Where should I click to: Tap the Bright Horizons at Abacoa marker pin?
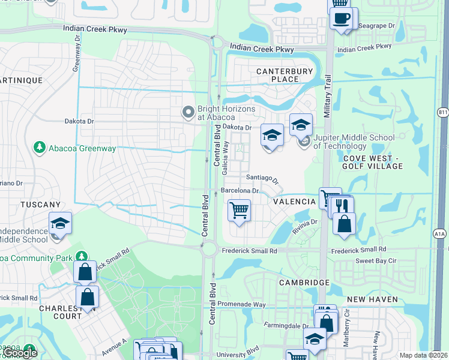pyautogui.click(x=188, y=112)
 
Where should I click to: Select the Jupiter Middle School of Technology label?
pyautogui.click(x=353, y=142)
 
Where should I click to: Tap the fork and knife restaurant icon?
pyautogui.click(x=343, y=206)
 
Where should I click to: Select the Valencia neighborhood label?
pyautogui.click(x=294, y=202)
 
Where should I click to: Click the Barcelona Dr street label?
pyautogui.click(x=240, y=191)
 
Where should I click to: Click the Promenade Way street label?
pyautogui.click(x=242, y=304)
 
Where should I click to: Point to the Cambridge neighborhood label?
pyautogui.click(x=304, y=282)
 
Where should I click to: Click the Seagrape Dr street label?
pyautogui.click(x=376, y=26)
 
